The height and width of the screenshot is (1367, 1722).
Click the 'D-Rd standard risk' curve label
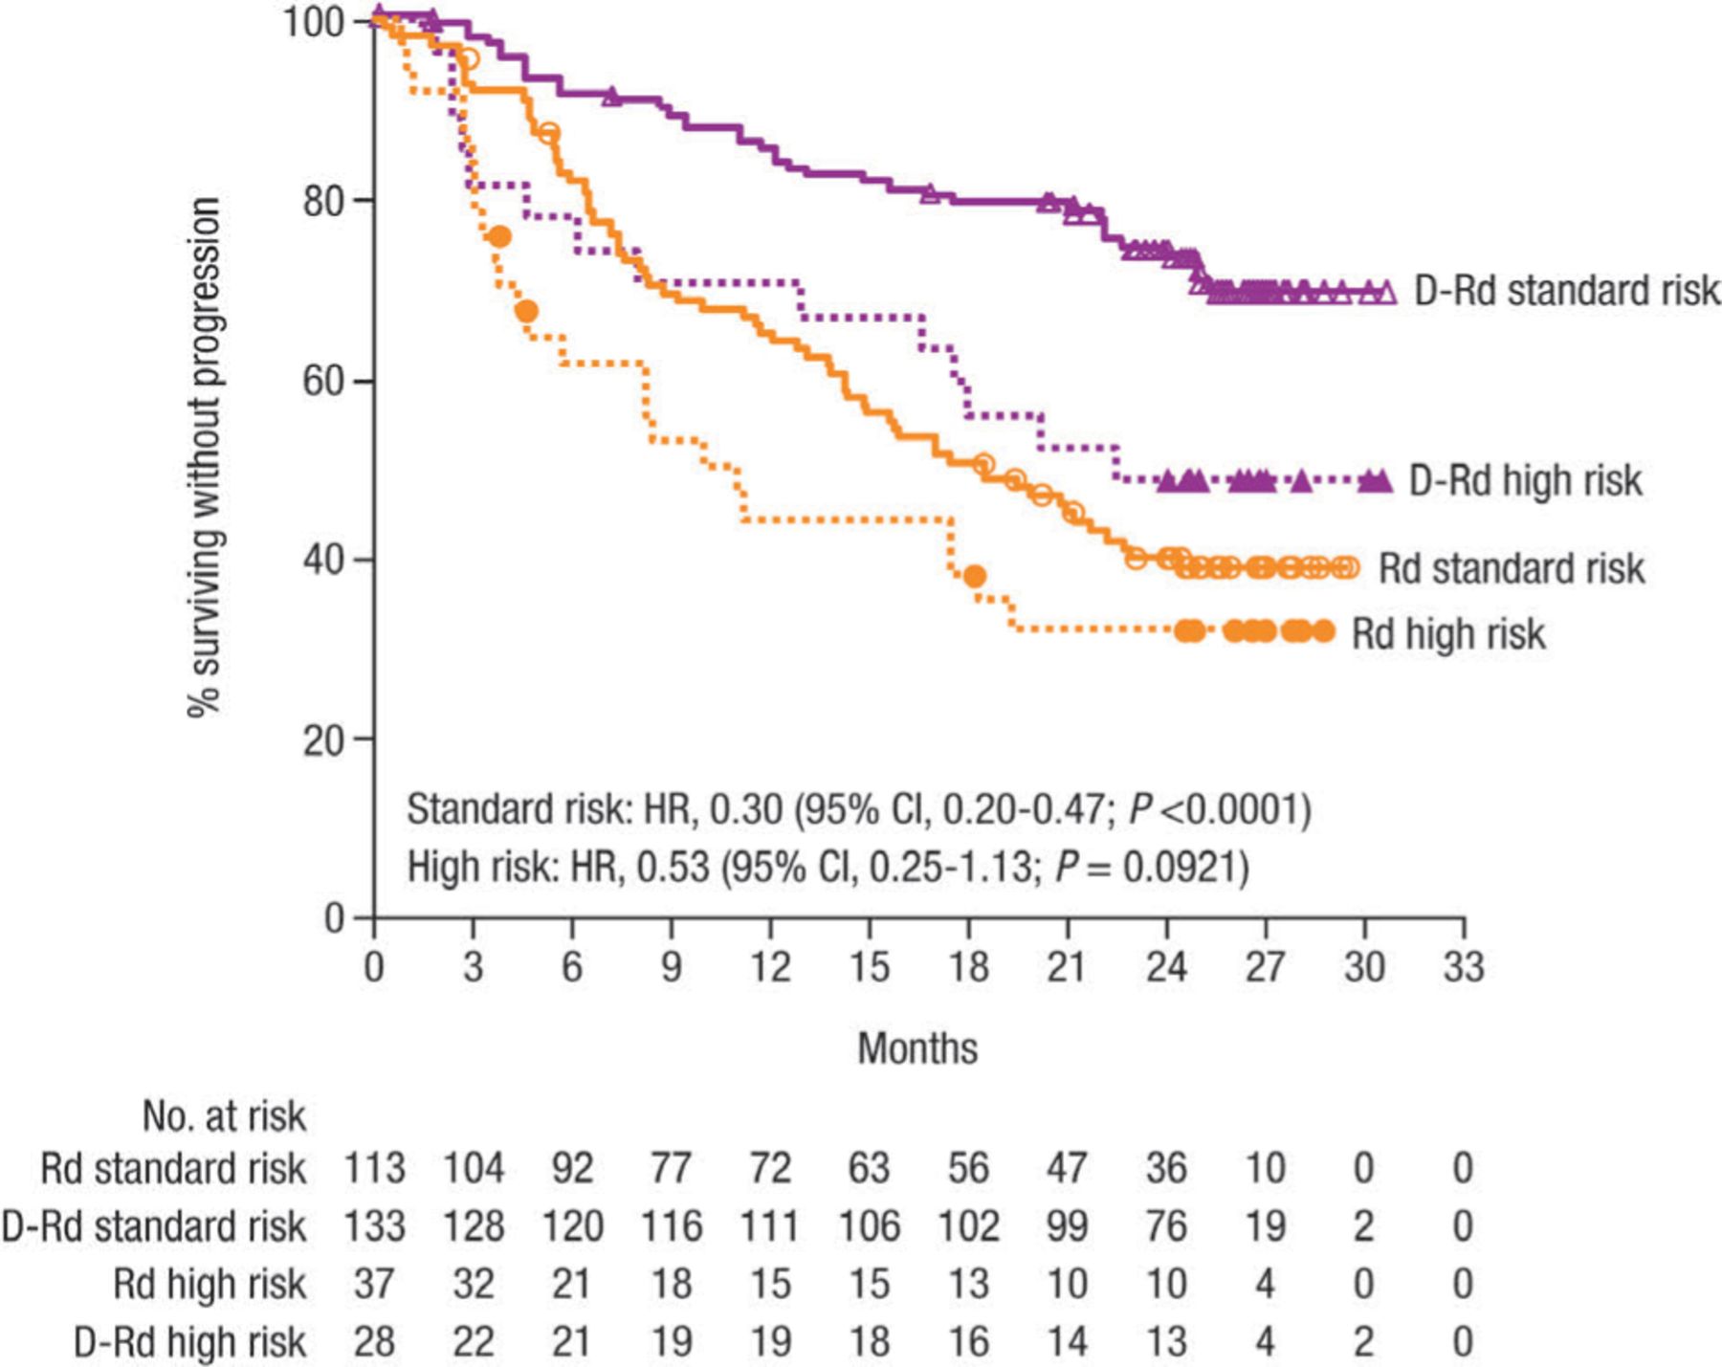click(x=1566, y=291)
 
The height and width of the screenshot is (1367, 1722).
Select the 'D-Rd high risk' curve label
click(x=1525, y=480)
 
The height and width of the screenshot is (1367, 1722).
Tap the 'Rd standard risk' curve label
click(x=1511, y=568)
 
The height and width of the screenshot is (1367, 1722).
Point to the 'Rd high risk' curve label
click(x=1447, y=634)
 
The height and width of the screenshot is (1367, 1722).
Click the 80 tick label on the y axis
click(x=323, y=201)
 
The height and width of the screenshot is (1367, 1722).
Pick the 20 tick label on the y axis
click(x=323, y=739)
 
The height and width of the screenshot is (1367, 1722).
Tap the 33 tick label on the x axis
click(x=1463, y=967)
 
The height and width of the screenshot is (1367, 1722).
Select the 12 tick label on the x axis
click(x=769, y=967)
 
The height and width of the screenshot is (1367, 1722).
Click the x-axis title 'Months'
click(x=917, y=1048)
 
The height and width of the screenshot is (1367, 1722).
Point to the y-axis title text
click(x=205, y=456)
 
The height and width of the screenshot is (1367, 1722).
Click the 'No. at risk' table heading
click(x=224, y=1116)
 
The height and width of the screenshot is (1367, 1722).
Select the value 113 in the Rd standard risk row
click(x=374, y=1169)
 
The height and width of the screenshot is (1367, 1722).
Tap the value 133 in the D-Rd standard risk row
click(x=374, y=1226)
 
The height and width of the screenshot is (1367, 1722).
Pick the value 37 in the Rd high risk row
click(x=374, y=1284)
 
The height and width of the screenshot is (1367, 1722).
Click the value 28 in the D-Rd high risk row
click(x=374, y=1341)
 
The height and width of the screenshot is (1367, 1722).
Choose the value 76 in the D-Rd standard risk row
click(x=1166, y=1226)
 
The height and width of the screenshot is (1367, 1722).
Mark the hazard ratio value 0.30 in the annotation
click(x=746, y=809)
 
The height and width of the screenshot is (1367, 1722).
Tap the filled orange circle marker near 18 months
click(x=975, y=576)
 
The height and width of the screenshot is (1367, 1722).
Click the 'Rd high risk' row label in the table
click(x=210, y=1284)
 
